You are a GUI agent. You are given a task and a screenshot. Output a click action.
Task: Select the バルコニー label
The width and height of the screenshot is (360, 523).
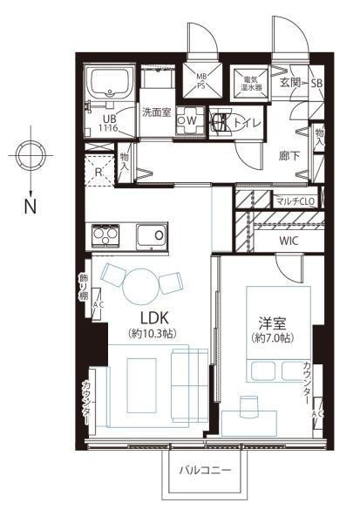tap(205, 472)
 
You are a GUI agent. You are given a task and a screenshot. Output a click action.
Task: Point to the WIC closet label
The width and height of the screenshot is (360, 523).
tap(289, 240)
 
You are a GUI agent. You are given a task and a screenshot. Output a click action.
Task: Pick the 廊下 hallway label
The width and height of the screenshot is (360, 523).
tap(290, 157)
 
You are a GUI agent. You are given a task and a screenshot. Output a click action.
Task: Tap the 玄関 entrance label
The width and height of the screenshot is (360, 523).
tap(291, 83)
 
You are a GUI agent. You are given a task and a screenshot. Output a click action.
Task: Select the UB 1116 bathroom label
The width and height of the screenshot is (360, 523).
tap(110, 123)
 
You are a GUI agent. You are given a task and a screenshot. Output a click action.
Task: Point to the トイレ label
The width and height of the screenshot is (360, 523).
tap(245, 123)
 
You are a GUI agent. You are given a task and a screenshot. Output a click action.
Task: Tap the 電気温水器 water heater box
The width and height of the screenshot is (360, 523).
tap(251, 83)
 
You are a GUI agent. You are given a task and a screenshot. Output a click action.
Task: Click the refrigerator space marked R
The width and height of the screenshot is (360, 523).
tap(100, 171)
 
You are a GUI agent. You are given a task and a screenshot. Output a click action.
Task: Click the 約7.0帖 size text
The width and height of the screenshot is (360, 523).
tap(268, 338)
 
